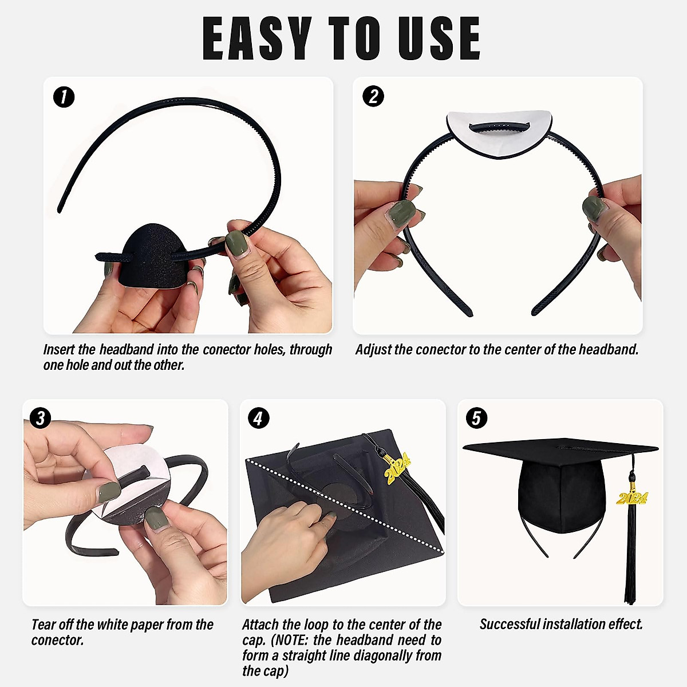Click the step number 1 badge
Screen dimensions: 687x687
[64, 97]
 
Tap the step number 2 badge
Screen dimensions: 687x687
[373, 96]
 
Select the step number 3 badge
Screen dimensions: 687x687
[40, 418]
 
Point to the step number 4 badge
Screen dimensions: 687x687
[258, 418]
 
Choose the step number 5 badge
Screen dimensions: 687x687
[476, 418]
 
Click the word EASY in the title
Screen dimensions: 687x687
[257, 39]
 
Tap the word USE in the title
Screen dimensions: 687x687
[439, 39]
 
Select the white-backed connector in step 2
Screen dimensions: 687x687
[499, 132]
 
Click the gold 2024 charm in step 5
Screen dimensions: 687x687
[632, 498]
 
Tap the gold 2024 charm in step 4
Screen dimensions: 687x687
[397, 468]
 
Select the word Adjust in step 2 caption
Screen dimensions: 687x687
[373, 349]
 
